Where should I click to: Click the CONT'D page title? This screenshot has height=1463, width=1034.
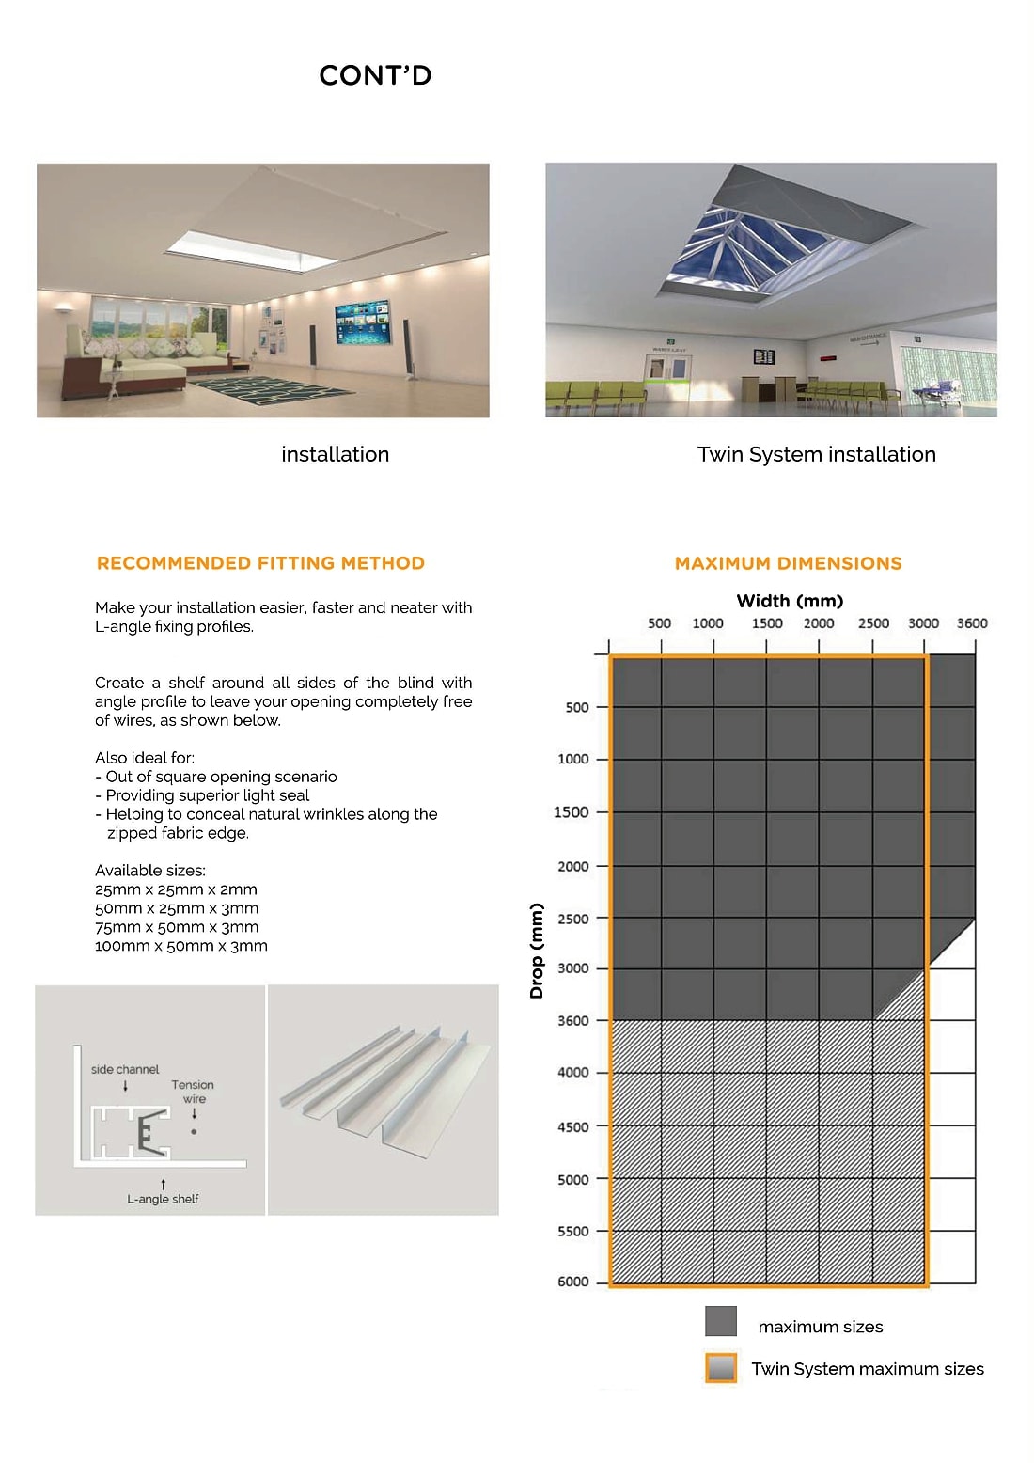pyautogui.click(x=375, y=75)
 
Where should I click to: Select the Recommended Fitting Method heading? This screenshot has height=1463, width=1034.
pyautogui.click(x=260, y=563)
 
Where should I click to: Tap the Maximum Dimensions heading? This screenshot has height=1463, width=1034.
pyautogui.click(x=788, y=563)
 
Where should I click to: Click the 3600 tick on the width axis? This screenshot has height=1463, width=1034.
pyautogui.click(x=972, y=623)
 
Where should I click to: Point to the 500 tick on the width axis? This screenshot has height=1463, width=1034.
pyautogui.click(x=659, y=623)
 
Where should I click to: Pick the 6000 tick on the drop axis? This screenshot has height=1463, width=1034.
pyautogui.click(x=573, y=1282)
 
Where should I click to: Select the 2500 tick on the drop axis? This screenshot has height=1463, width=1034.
pyautogui.click(x=573, y=919)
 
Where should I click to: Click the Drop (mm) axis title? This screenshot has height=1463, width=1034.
pyautogui.click(x=537, y=951)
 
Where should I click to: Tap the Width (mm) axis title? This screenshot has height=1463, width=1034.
pyautogui.click(x=790, y=601)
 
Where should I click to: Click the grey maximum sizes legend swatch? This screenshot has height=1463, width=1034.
pyautogui.click(x=721, y=1321)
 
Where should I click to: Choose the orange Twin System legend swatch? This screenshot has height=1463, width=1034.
pyautogui.click(x=721, y=1368)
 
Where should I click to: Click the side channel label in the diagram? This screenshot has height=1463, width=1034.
pyautogui.click(x=125, y=1069)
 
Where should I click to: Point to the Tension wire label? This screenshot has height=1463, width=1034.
pyautogui.click(x=193, y=1091)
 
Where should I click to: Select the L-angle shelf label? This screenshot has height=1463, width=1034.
pyautogui.click(x=163, y=1199)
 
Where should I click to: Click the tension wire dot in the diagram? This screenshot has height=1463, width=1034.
pyautogui.click(x=194, y=1131)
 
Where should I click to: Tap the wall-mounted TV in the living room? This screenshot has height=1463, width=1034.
pyautogui.click(x=362, y=321)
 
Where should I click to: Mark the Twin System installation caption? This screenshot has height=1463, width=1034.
pyautogui.click(x=816, y=454)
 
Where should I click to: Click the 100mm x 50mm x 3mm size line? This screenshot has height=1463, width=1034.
pyautogui.click(x=181, y=946)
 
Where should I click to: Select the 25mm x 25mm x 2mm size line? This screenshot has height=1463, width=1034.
pyautogui.click(x=176, y=889)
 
